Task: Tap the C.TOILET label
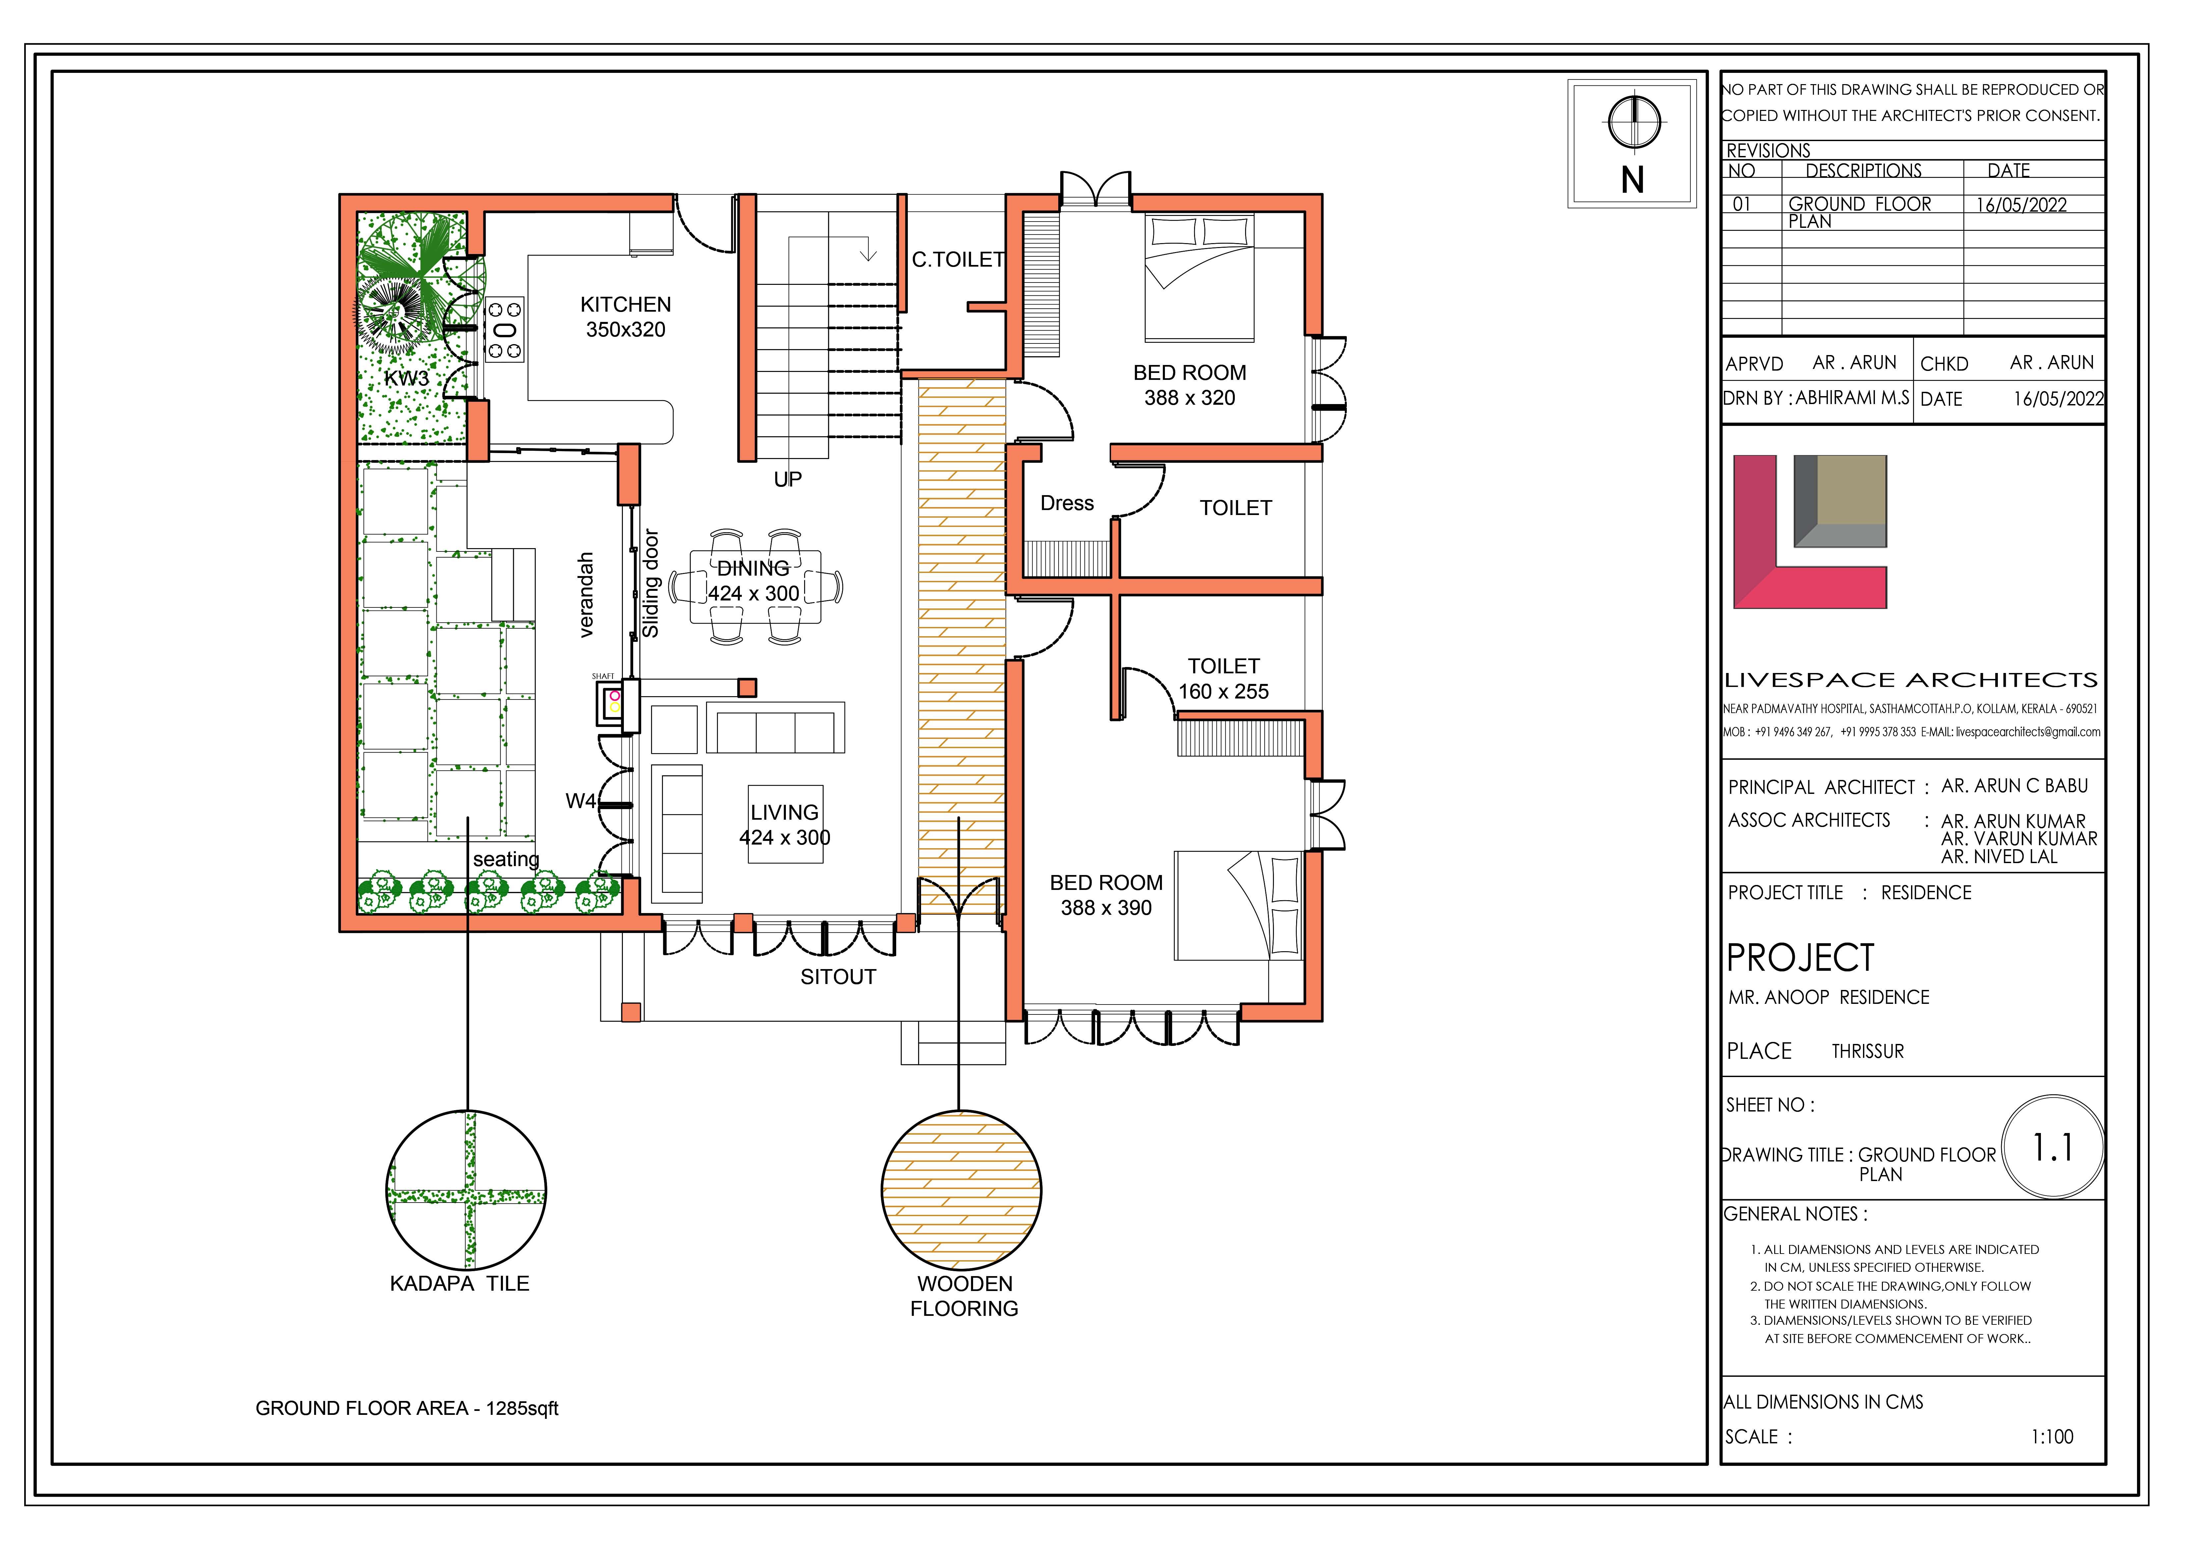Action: coord(958,259)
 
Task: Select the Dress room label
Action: coord(1067,504)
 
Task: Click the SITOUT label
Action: coord(838,977)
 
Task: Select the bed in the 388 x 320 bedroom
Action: coord(1199,278)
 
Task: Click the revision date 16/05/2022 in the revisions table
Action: coord(2021,205)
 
